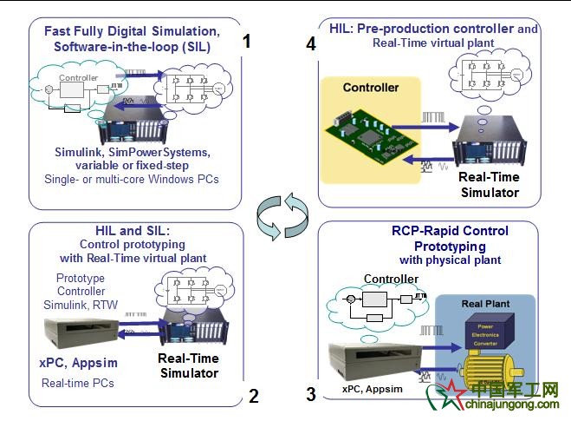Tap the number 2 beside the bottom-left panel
(x=253, y=397)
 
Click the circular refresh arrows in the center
(x=285, y=211)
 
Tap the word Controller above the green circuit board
(x=371, y=87)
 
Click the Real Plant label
(x=485, y=303)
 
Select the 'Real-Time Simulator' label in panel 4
(x=488, y=185)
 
